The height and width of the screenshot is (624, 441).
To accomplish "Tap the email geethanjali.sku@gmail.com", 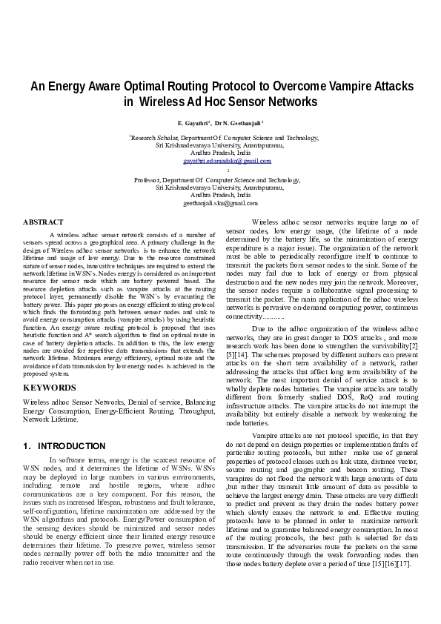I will point(220,203).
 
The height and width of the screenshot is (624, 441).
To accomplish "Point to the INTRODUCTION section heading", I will point(71,446).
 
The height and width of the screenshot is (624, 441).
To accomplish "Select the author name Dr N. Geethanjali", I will point(239,122).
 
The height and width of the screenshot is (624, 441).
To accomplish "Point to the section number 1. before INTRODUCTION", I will point(27,446).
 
